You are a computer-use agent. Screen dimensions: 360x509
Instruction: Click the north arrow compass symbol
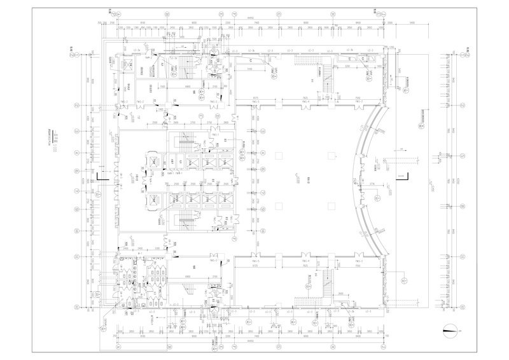pos(452,329)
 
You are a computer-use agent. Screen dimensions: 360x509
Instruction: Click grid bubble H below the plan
pos(380,348)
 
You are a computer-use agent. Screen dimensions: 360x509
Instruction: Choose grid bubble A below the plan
pos(117,348)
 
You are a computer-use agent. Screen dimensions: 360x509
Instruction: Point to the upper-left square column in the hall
pos(278,155)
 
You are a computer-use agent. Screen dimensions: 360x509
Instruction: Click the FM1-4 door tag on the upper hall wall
pos(306,100)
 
